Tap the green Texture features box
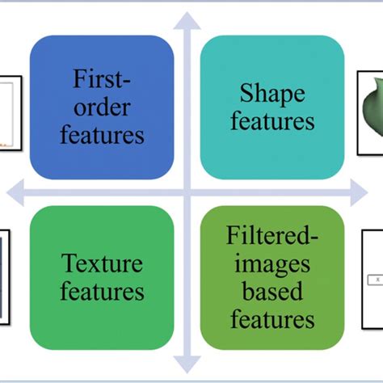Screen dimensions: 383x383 click(x=102, y=277)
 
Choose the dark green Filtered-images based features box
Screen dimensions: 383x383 click(x=271, y=277)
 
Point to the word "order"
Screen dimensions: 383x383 click(x=102, y=107)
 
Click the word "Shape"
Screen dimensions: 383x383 click(x=271, y=94)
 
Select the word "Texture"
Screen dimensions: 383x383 click(x=102, y=264)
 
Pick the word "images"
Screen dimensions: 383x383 click(x=271, y=265)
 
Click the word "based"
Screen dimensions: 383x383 click(x=271, y=292)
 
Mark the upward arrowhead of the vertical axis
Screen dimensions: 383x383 click(x=187, y=18)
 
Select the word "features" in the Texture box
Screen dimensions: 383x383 click(x=102, y=291)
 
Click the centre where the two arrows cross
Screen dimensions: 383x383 click(x=187, y=192)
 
